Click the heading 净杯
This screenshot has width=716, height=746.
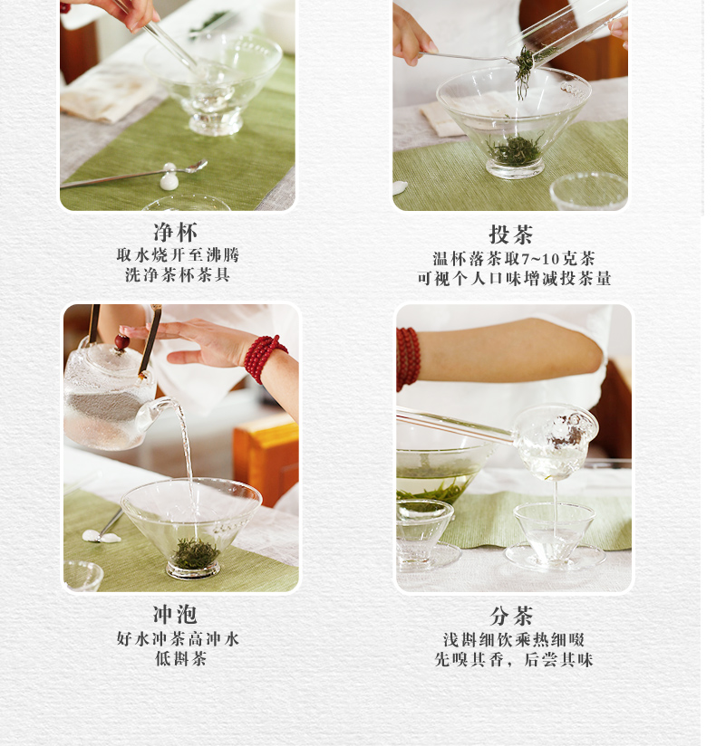(176, 233)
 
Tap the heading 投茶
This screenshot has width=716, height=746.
(511, 235)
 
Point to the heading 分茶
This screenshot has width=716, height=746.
(511, 617)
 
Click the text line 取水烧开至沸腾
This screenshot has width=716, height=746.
(178, 256)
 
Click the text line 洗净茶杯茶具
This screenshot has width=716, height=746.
(178, 275)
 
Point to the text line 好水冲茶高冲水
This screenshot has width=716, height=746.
(178, 639)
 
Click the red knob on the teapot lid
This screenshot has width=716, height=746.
(121, 342)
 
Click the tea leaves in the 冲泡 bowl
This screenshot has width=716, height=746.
(195, 553)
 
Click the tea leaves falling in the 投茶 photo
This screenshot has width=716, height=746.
(524, 71)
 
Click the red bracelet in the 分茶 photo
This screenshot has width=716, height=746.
(408, 358)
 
